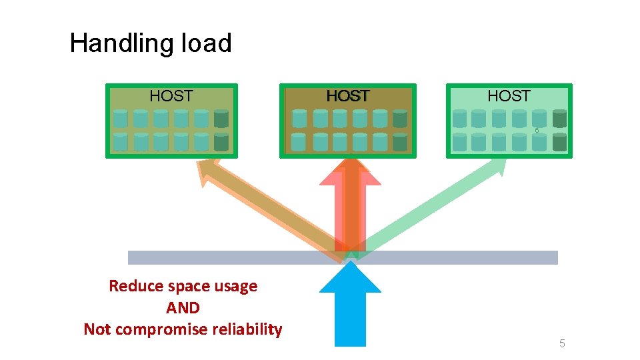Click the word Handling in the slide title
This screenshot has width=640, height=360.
pyautogui.click(x=117, y=44)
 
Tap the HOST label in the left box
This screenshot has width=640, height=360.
pyautogui.click(x=171, y=96)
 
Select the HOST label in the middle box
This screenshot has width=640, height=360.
pyautogui.click(x=348, y=97)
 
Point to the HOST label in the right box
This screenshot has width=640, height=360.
pyautogui.click(x=509, y=96)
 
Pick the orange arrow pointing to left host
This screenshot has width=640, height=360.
pyautogui.click(x=267, y=207)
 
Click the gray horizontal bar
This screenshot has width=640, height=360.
pyautogui.click(x=200, y=257)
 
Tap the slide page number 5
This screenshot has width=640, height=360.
pyautogui.click(x=562, y=344)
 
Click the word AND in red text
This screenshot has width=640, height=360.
pyautogui.click(x=183, y=308)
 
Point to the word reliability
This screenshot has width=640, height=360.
pyautogui.click(x=249, y=329)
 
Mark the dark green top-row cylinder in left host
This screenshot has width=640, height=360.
pyautogui.click(x=221, y=119)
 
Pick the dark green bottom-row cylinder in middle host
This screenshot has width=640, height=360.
pyautogui.click(x=399, y=141)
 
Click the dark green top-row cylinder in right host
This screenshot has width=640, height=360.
pyautogui.click(x=560, y=118)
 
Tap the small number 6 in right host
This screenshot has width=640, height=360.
pyautogui.click(x=537, y=131)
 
